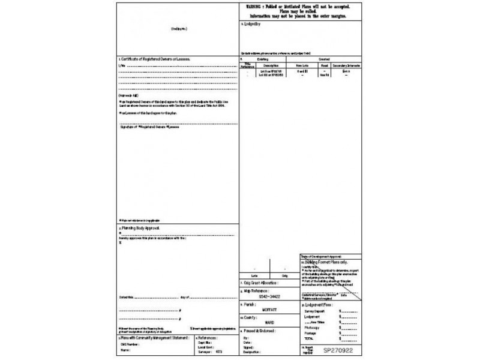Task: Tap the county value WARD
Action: pos(269,322)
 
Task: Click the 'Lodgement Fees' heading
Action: pos(325,305)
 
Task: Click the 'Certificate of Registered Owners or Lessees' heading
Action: pos(155,60)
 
